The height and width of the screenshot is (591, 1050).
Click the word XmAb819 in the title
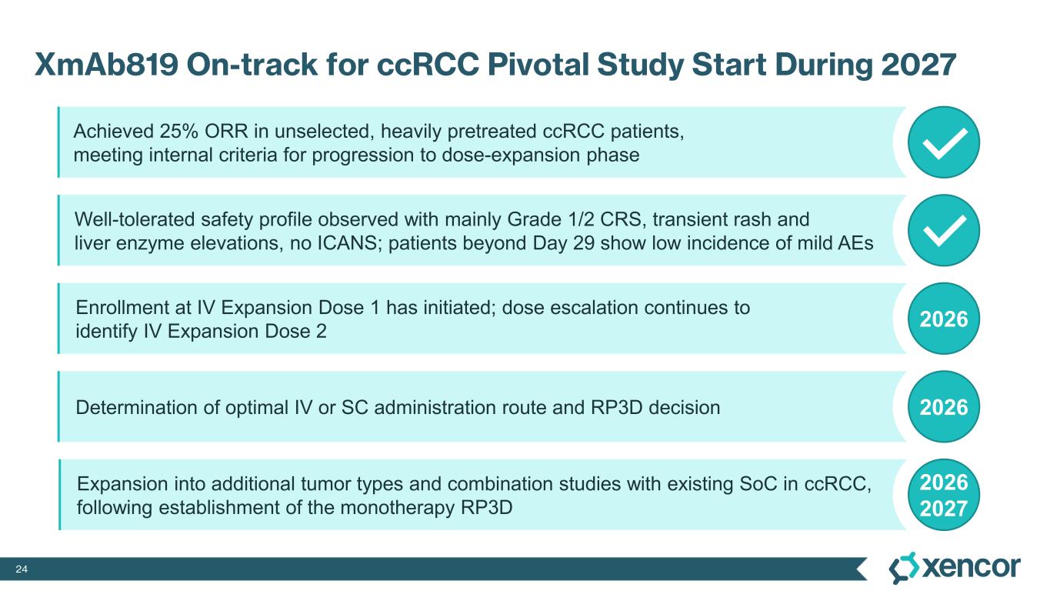coord(106,65)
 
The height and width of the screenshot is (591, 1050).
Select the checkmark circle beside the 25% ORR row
coord(944,142)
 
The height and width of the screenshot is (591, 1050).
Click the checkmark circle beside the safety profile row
coord(944,230)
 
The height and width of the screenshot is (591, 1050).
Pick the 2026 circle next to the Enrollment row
coord(944,319)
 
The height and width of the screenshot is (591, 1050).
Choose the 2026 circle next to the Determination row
coord(944,406)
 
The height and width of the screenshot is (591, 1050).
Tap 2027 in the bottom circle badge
coord(944,509)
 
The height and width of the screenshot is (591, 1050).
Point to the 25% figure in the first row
coord(179,132)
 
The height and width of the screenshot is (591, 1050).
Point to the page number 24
coord(22,569)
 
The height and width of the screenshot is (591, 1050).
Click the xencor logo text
coord(971,567)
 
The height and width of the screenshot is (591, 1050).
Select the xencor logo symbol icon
coord(904,568)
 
